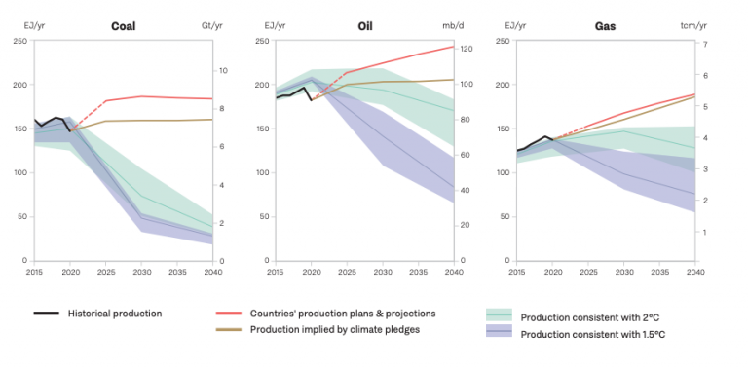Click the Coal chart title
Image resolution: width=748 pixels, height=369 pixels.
coord(123,26)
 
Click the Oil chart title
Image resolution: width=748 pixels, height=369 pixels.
coord(365,26)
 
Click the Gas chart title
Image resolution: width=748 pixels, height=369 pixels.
coord(605,26)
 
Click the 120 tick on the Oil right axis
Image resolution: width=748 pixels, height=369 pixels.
coord(466,49)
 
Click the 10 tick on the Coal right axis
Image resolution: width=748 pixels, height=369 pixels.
coord(223,71)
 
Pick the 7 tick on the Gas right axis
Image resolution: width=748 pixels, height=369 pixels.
coord(703,45)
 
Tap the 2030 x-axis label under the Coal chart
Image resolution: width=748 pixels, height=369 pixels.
coord(142,273)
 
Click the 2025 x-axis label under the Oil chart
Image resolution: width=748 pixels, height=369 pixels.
coord(347,273)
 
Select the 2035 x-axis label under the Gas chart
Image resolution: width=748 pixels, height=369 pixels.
coord(659,273)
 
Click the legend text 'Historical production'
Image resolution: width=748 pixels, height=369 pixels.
coord(114,314)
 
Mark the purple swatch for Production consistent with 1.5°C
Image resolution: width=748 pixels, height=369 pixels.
coord(499,334)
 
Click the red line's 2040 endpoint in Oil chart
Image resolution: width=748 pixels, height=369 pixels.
coord(454,47)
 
